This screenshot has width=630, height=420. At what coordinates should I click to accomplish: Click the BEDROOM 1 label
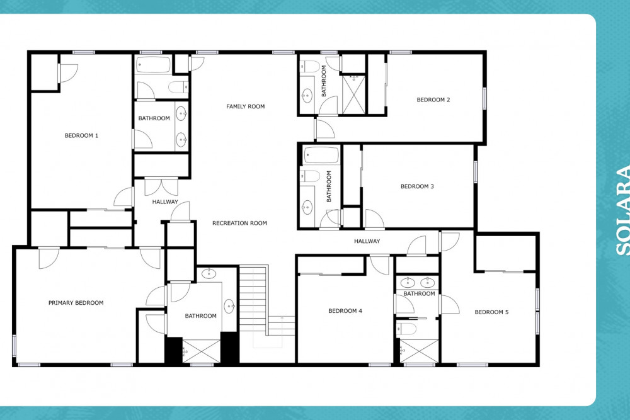click(x=81, y=136)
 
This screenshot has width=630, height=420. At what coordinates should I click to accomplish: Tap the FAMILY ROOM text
click(x=246, y=106)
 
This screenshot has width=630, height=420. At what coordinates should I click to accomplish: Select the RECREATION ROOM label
click(x=239, y=224)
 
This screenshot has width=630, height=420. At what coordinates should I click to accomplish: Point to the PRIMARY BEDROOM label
click(x=76, y=303)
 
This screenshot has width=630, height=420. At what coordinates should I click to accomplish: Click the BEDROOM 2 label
click(x=433, y=99)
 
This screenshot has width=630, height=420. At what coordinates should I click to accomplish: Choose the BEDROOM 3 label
click(x=417, y=186)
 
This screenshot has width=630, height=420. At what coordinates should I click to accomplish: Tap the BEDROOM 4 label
click(x=345, y=311)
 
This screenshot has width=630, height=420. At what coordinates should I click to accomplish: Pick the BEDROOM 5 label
click(x=491, y=312)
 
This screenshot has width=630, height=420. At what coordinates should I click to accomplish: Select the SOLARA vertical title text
click(x=623, y=212)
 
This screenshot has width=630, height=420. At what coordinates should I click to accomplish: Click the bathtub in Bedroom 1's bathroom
click(x=152, y=65)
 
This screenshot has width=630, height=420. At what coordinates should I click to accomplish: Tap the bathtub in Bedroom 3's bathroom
click(x=321, y=156)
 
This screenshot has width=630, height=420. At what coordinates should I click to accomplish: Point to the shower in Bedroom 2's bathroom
click(x=353, y=94)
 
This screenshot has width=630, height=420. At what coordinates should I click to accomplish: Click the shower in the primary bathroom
click(x=202, y=351)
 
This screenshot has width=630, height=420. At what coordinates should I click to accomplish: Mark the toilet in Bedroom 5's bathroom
click(x=406, y=329)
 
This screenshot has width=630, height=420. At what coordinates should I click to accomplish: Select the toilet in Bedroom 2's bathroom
click(x=310, y=66)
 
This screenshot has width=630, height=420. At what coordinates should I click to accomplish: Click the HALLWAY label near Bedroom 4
click(x=367, y=241)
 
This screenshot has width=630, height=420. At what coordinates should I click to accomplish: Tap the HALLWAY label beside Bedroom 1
click(x=164, y=202)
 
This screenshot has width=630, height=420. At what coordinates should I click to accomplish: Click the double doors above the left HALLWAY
click(x=161, y=187)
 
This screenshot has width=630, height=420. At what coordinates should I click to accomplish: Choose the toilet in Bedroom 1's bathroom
click(x=178, y=87)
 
